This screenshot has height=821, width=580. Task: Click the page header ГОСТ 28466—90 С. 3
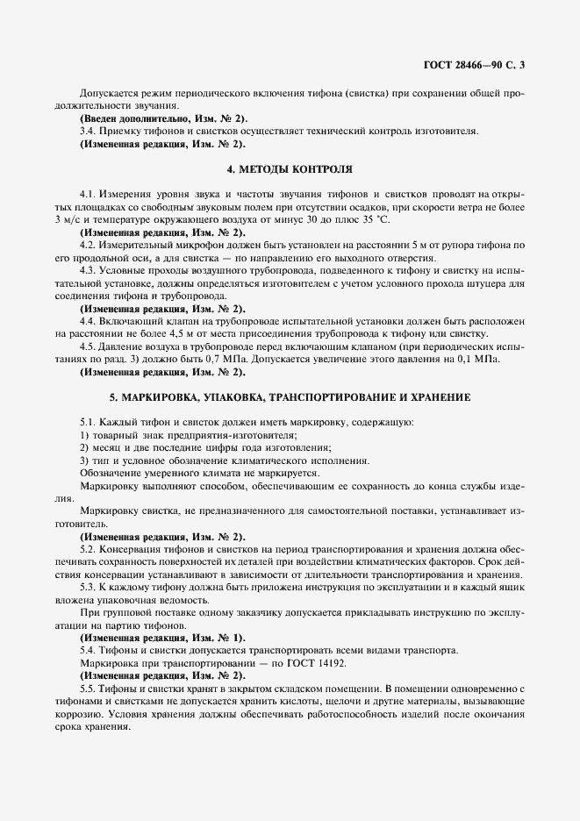coord(472,64)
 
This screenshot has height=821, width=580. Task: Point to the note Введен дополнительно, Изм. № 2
coord(163,118)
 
